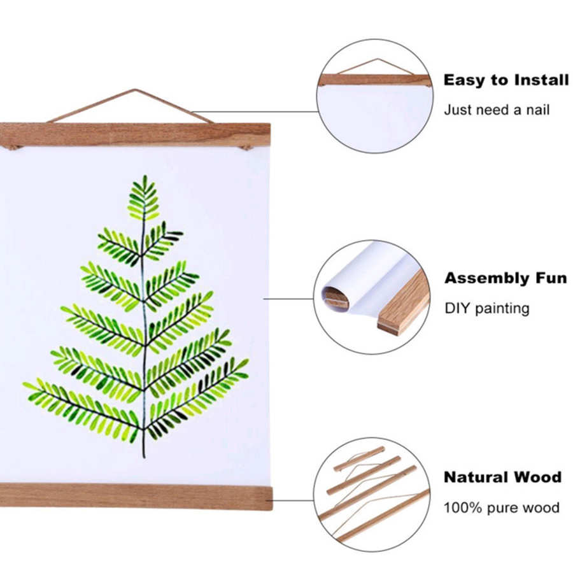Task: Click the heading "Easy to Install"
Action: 506,80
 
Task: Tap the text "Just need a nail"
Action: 497,110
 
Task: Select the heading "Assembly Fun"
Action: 506,278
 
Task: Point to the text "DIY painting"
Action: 487,308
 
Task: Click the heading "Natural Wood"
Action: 502,477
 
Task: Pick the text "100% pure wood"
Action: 502,507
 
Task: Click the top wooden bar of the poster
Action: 135,134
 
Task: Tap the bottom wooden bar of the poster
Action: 135,496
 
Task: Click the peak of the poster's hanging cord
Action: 134,90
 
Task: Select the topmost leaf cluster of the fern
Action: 144,197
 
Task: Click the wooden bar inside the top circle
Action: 374,80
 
